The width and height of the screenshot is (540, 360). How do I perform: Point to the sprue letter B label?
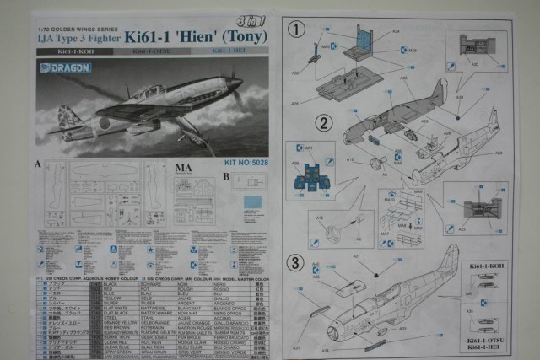click(225, 176)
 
